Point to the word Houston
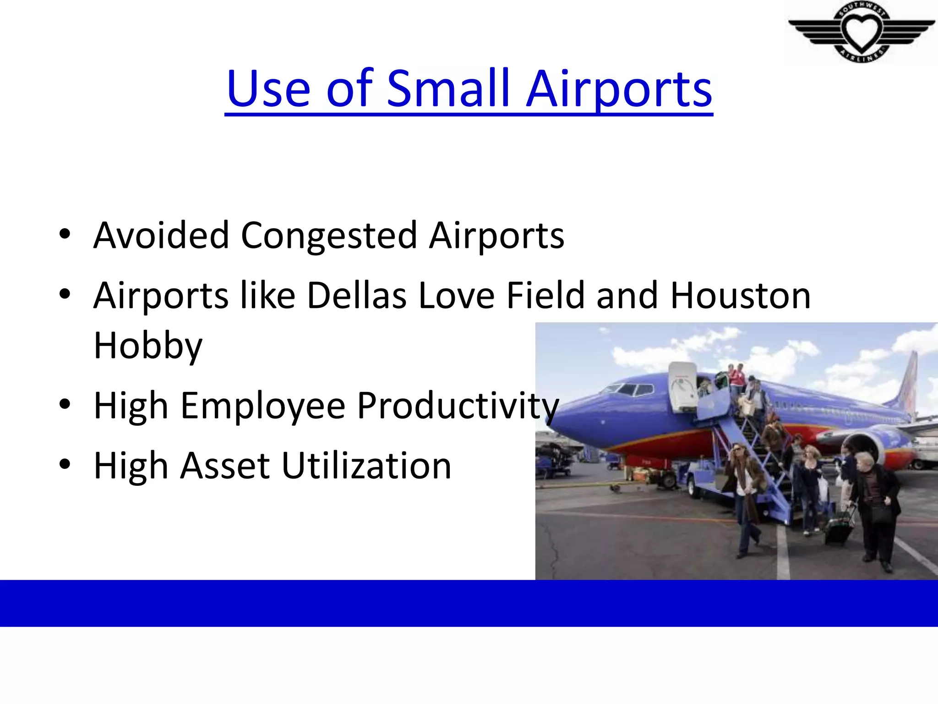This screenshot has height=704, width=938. pos(740,296)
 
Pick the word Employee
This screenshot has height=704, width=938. pos(262,406)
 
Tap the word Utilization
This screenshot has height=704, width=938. pos(366,466)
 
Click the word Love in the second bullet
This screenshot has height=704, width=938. pos(456,296)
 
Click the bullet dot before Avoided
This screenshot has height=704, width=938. pos(65,234)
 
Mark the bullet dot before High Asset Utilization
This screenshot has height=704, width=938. pos(65,464)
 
